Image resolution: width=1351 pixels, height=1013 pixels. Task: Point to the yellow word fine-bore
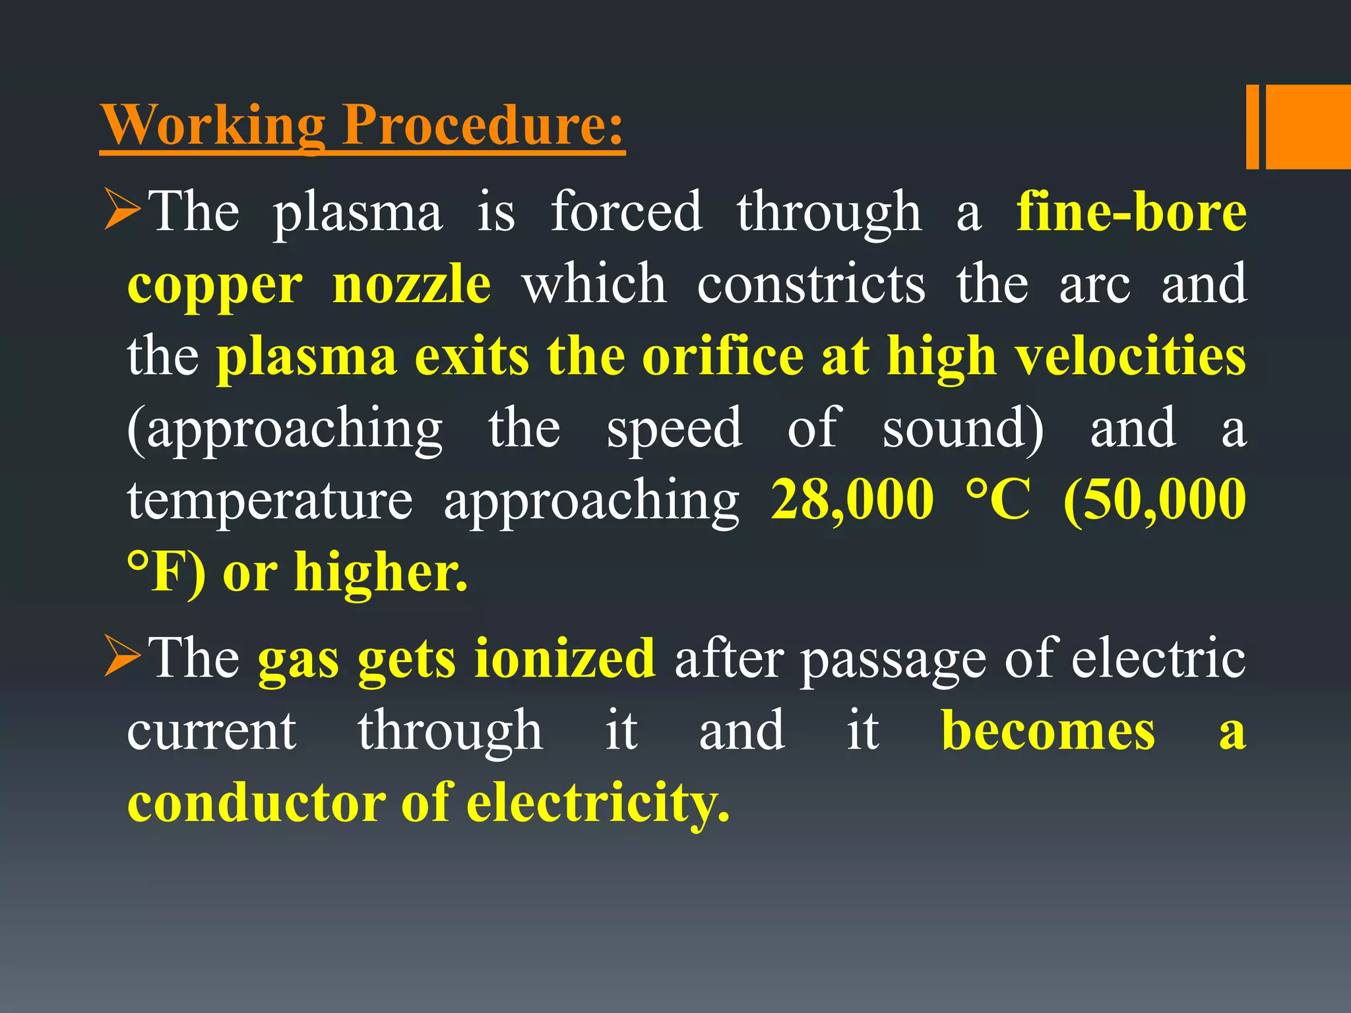click(x=1131, y=212)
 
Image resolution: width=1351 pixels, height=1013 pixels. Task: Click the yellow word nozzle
click(x=412, y=284)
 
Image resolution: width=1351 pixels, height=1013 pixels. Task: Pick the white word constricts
click(x=811, y=284)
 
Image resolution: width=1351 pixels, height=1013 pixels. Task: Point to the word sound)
click(x=963, y=429)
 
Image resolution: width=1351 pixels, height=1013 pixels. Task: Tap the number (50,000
click(x=1154, y=500)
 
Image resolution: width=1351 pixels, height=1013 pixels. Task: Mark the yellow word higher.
click(x=381, y=572)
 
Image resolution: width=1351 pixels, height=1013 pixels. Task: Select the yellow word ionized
click(x=565, y=658)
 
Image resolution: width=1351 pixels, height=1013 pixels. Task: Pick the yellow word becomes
click(x=1048, y=731)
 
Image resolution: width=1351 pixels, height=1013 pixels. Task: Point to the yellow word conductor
click(x=257, y=803)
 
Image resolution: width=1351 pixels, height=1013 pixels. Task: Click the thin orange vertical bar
click(x=1252, y=127)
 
